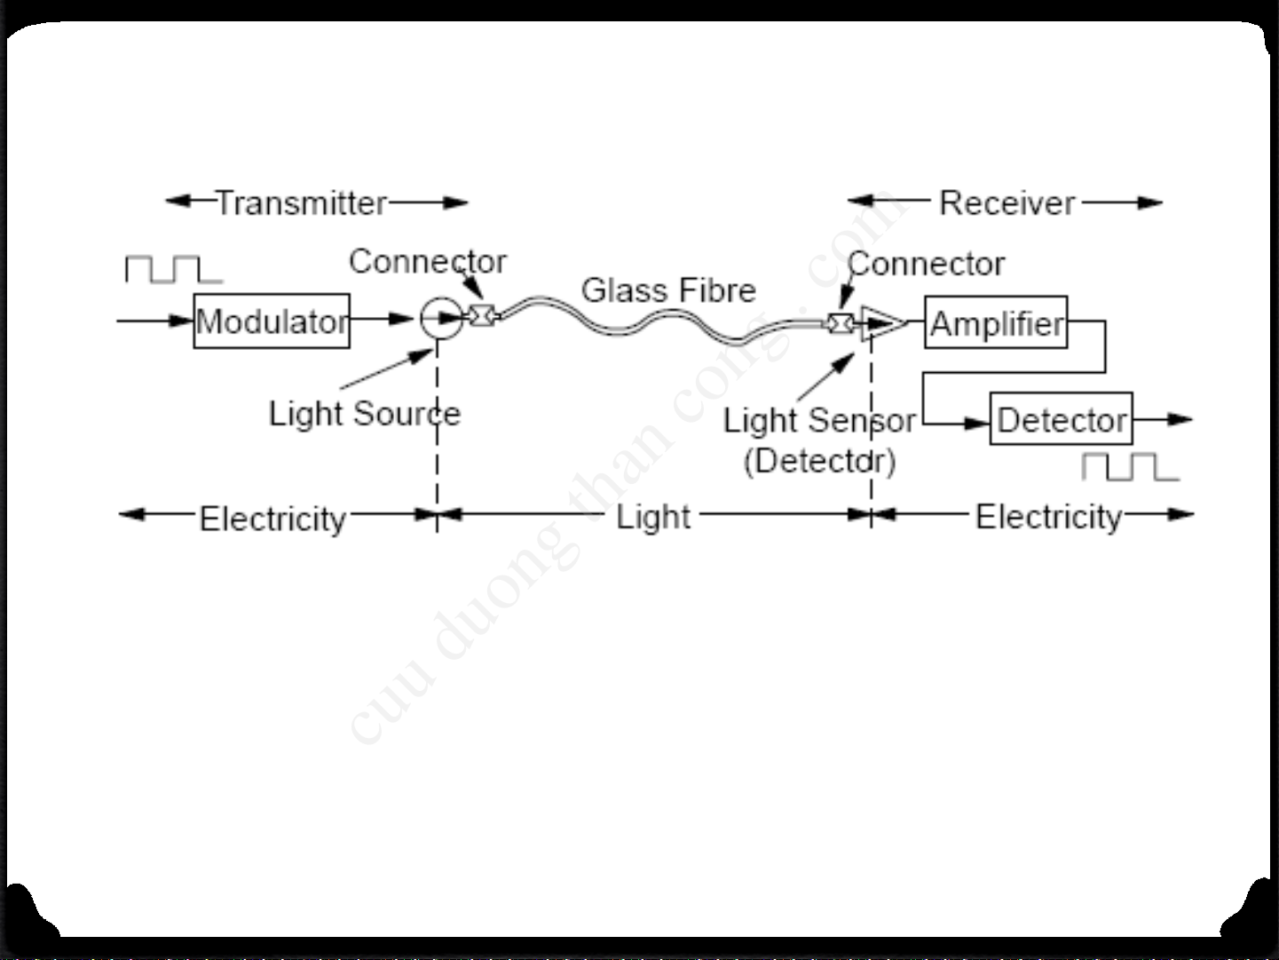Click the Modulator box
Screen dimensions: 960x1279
(x=272, y=321)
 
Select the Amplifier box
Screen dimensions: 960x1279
(x=996, y=322)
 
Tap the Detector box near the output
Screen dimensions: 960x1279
(x=1061, y=419)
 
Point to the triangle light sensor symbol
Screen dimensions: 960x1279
(x=882, y=323)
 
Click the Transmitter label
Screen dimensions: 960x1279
(x=302, y=202)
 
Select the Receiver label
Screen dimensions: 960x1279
(x=1007, y=202)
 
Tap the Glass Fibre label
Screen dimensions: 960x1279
(x=667, y=290)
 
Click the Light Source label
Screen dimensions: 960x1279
(x=364, y=413)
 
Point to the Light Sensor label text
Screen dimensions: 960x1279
(x=818, y=420)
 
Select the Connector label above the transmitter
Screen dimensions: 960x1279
(x=427, y=261)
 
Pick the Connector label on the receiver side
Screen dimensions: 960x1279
(x=926, y=264)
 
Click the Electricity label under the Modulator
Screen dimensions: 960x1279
(x=272, y=519)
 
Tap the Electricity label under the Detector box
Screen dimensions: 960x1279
(x=1048, y=517)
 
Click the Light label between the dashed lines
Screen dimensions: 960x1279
(x=653, y=517)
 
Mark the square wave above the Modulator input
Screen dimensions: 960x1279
(x=173, y=269)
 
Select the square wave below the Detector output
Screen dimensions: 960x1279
(x=1130, y=466)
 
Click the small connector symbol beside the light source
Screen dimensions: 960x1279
(x=481, y=315)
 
